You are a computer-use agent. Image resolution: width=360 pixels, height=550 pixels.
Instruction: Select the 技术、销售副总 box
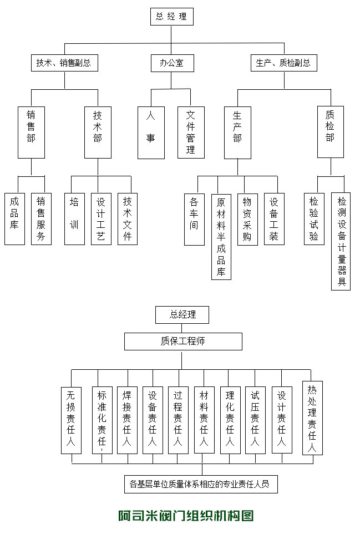click(x=64, y=63)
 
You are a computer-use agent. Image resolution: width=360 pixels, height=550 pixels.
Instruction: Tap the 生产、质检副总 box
click(x=283, y=63)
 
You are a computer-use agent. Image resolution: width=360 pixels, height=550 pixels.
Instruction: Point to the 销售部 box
click(x=31, y=132)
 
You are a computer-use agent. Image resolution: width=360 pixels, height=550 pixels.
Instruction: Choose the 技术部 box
click(x=98, y=132)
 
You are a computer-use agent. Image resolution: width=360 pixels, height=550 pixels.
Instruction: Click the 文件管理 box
click(x=191, y=132)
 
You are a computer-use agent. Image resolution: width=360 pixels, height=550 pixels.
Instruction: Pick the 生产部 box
click(x=237, y=132)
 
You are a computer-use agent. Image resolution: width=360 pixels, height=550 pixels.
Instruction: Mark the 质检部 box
click(x=330, y=132)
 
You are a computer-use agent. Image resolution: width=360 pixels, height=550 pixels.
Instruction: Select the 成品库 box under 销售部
click(x=15, y=218)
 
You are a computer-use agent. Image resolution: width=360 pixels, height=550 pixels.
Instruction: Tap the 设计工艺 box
click(x=101, y=218)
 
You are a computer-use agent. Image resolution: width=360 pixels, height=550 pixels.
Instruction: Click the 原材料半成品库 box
click(x=221, y=236)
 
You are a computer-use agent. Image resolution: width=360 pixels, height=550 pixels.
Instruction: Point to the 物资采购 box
click(x=247, y=218)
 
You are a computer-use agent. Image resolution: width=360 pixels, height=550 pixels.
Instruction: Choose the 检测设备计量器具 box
click(x=341, y=241)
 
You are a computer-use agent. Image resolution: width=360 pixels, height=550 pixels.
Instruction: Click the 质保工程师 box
click(x=183, y=341)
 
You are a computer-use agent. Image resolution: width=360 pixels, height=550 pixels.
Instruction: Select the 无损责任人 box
click(x=71, y=420)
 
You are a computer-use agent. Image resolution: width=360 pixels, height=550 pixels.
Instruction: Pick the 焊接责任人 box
click(x=127, y=420)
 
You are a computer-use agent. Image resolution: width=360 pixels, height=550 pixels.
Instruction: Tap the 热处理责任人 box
click(x=312, y=418)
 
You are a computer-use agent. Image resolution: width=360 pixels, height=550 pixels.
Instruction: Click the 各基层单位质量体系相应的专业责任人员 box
click(x=200, y=483)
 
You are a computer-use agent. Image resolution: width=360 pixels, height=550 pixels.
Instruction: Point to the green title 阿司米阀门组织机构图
click(x=186, y=516)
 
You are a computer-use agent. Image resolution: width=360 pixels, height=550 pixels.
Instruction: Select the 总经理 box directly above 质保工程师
click(x=183, y=314)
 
